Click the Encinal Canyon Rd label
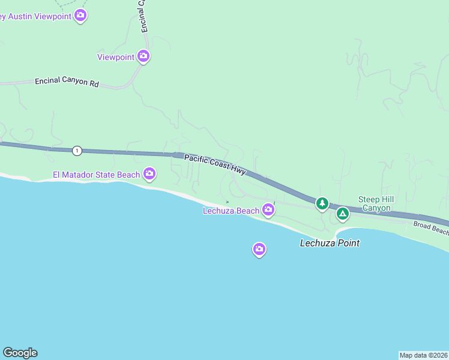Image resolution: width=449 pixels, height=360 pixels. (x=66, y=82)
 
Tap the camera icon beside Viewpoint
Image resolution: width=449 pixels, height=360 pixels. (x=143, y=56)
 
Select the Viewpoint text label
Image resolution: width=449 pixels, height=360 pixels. (x=116, y=57)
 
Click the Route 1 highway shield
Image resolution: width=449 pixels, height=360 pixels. (x=77, y=150)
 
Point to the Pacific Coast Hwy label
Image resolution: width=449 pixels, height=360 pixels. (x=215, y=164)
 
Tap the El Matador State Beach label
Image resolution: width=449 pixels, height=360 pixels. (x=96, y=175)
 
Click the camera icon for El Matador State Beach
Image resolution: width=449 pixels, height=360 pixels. (x=149, y=174)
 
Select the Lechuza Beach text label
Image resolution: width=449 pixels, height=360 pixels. (x=231, y=211)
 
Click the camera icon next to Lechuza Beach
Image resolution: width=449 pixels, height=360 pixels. (x=268, y=209)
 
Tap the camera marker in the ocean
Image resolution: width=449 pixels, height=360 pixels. (x=259, y=249)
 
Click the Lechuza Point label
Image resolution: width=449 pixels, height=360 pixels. (x=330, y=243)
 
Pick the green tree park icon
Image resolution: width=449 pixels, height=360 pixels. (x=322, y=204)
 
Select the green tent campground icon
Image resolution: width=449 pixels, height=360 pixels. (x=342, y=213)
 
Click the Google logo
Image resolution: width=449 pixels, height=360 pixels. (x=20, y=353)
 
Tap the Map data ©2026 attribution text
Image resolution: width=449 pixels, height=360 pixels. (x=424, y=355)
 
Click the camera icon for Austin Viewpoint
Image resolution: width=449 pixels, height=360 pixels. (x=80, y=16)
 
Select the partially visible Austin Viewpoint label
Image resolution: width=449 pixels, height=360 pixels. (x=35, y=16)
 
